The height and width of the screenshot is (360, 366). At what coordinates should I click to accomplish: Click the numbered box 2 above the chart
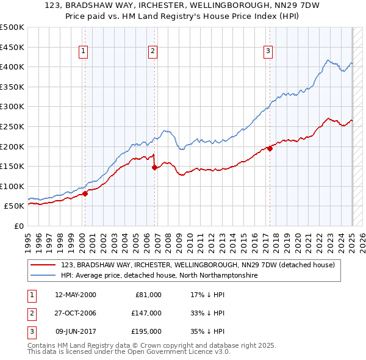pos(152,52)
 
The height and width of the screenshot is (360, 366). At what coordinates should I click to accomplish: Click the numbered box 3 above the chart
pos(268,52)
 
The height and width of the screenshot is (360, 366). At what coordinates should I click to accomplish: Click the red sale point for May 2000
pos(85,193)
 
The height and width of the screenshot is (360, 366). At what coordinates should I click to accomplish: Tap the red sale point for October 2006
pos(154,167)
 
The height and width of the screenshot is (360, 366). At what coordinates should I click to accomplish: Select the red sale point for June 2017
pos(270,148)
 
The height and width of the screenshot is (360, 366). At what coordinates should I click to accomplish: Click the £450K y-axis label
pos(12,47)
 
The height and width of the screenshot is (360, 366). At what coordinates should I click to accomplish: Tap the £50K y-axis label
pos(14,206)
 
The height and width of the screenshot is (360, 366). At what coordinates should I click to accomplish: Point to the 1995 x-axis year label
pos(27,238)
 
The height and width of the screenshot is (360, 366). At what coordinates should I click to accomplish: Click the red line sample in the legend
pos(44,265)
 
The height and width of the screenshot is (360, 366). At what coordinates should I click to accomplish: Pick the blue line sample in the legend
pos(44,276)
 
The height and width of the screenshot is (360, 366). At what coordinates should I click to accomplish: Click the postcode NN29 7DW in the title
pos(289,7)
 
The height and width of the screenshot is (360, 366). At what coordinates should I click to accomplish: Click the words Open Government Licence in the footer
pos(177,352)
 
